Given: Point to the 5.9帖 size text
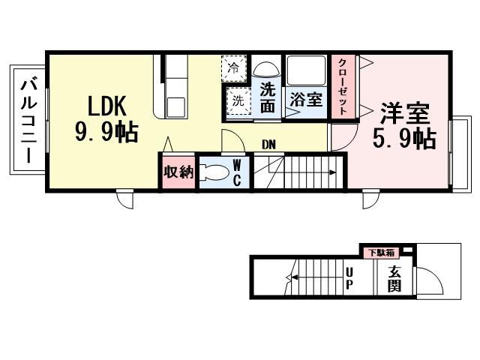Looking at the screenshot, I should [x=405, y=139].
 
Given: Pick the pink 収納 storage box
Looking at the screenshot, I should [x=178, y=172].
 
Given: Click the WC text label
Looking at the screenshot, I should [x=236, y=172].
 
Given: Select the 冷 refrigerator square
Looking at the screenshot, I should [x=235, y=68].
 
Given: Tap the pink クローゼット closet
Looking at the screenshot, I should [x=343, y=87].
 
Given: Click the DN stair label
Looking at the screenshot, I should [x=268, y=144].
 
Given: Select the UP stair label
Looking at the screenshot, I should [x=349, y=278].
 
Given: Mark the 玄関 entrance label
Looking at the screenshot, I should [x=395, y=279].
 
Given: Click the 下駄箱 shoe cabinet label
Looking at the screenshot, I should [x=379, y=252].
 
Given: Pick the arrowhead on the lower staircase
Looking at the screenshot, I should [x=287, y=277].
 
